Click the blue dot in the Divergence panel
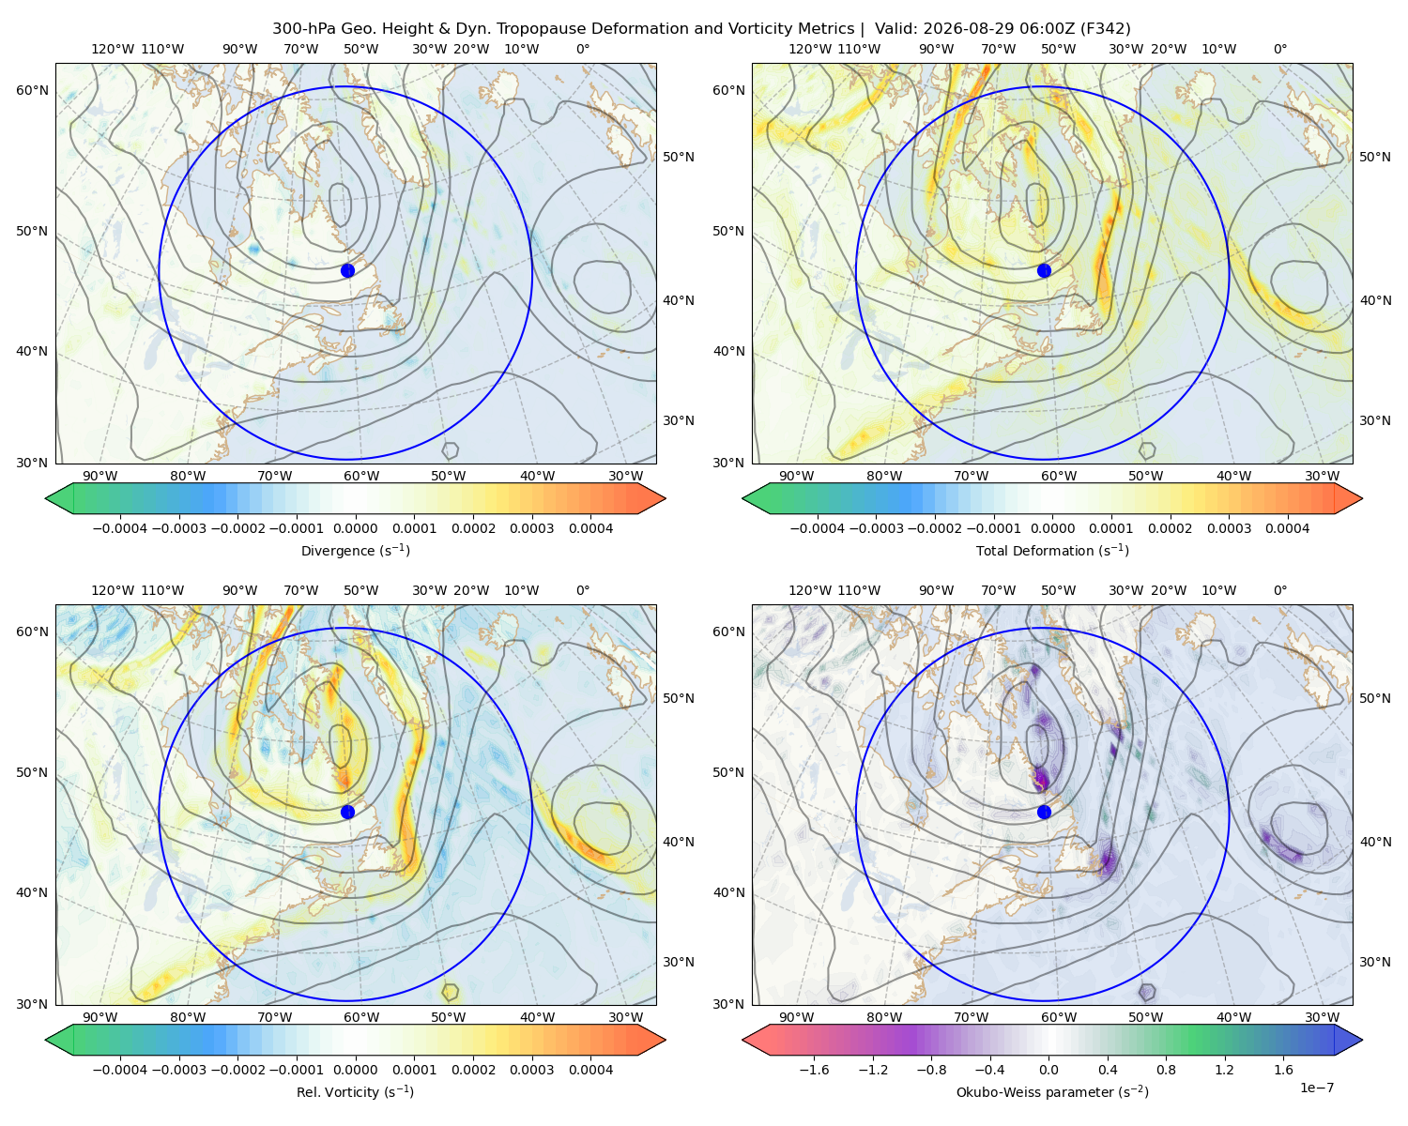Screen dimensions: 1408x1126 coord(347,270)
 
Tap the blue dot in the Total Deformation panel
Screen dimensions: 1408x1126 coord(1044,270)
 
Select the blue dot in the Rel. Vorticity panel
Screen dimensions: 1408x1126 coord(347,812)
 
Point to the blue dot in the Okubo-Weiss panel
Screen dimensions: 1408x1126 coord(1044,812)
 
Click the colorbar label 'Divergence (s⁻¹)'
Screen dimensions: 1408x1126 coord(355,550)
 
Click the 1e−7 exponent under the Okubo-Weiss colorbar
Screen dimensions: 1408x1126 coord(1316,1088)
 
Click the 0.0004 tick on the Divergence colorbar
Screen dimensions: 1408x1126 coord(590,528)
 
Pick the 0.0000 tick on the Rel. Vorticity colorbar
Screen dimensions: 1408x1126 coord(355,1070)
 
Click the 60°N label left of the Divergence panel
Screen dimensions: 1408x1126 coord(32,90)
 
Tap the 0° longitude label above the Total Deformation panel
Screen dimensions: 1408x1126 coord(1279,49)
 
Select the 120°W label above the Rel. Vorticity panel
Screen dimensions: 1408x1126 coord(113,590)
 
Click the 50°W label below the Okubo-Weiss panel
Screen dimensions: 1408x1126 coord(1145,1017)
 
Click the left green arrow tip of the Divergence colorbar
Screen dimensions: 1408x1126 coord(46,498)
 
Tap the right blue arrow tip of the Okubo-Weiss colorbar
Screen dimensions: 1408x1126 coord(1362,1040)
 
